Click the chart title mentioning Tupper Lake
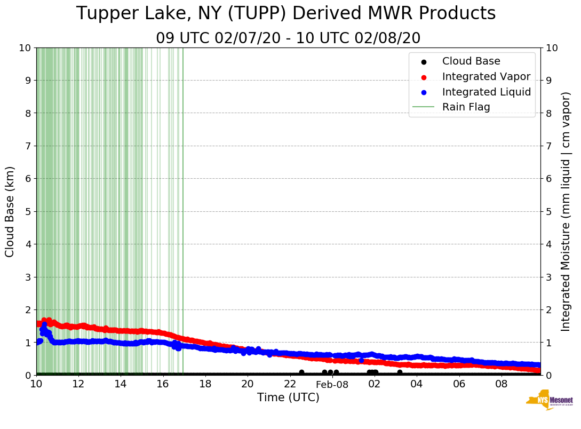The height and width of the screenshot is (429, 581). point(286,14)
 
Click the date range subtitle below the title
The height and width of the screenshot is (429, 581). point(288,38)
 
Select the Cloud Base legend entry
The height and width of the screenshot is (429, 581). point(471,61)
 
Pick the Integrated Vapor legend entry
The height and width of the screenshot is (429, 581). point(486,76)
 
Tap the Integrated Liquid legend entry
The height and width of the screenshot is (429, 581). point(486,92)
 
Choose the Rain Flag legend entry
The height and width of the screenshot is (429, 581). point(466,107)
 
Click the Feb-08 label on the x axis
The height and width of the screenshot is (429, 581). point(332,384)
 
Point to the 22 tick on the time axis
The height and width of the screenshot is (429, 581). point(290,384)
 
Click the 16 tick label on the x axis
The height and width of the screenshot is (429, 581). point(163,384)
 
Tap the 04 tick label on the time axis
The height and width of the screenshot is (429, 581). point(417,384)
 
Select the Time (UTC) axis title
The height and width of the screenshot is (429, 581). point(288,398)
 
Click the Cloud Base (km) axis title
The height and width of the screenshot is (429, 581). point(10,211)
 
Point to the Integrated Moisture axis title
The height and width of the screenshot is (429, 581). point(566,211)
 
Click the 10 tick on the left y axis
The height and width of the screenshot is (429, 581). point(25,47)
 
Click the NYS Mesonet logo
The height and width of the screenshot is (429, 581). point(549,401)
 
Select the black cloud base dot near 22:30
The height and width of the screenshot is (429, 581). point(301,372)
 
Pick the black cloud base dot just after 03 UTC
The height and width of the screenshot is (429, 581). point(400,372)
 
